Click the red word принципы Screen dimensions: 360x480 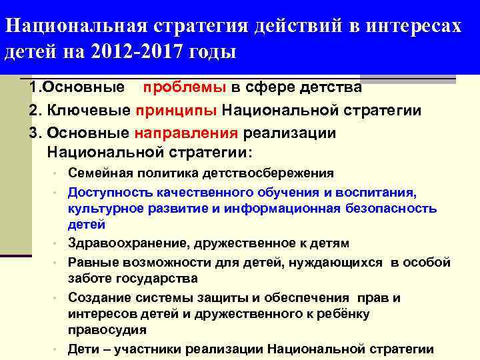coord(177,110)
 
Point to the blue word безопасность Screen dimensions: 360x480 coord(391,208)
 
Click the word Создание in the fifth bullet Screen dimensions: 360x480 coord(97,298)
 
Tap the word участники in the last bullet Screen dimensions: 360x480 coord(151,348)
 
